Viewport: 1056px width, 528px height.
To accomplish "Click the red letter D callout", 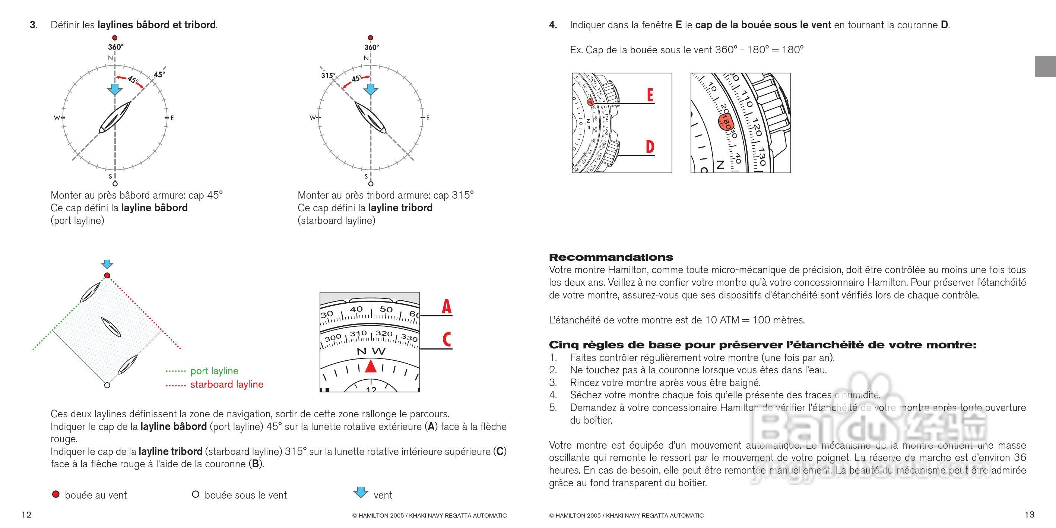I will coord(650,146).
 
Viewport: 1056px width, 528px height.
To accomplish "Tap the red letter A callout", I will coord(446,306).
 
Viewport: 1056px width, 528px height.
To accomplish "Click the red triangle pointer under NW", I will coord(371,366).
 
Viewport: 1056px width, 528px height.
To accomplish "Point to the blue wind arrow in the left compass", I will coord(114,89).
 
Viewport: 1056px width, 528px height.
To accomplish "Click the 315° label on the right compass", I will coord(328,75).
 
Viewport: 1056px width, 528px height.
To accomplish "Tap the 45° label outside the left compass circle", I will coord(159,74).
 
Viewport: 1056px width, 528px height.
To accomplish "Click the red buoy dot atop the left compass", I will coord(115,38).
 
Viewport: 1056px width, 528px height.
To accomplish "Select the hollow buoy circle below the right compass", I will coord(371,184).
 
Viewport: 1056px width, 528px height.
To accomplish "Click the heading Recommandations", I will coord(611,257).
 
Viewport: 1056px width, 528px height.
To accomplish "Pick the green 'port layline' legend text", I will coord(214,371).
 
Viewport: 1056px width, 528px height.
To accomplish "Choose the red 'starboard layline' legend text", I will coord(227,384).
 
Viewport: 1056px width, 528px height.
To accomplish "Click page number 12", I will coord(26,515).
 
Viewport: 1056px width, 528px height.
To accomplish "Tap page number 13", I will coord(1029,515).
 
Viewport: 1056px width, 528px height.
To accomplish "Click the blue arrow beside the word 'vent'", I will coord(361,492).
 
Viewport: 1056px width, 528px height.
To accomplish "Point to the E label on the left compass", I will coord(172,118).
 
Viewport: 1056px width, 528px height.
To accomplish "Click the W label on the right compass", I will coord(313,118).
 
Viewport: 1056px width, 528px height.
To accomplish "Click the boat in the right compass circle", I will coord(370,118).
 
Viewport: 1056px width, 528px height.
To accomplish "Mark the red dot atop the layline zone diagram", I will coord(107,275).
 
